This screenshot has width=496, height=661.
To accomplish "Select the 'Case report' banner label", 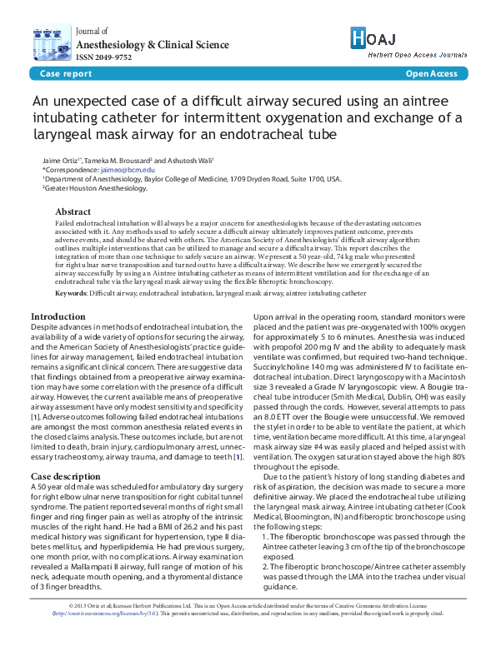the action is pos(66,74).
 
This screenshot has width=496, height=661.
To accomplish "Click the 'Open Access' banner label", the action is pos(431,74).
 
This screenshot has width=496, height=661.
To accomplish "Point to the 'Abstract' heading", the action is pos(73,212).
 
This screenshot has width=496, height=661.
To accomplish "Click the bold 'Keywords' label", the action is pos(71,294).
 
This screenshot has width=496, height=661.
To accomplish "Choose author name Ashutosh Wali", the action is pos(188,159).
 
